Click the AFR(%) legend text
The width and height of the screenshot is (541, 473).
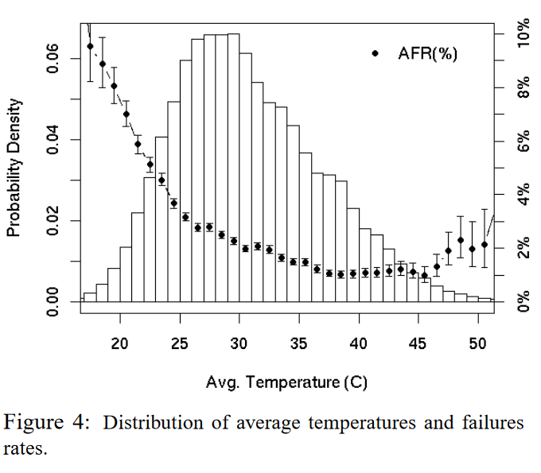point(426,53)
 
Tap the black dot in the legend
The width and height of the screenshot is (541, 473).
point(376,53)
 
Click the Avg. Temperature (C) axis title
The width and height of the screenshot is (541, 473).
point(286,382)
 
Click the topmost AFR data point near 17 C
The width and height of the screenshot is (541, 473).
point(90,46)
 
